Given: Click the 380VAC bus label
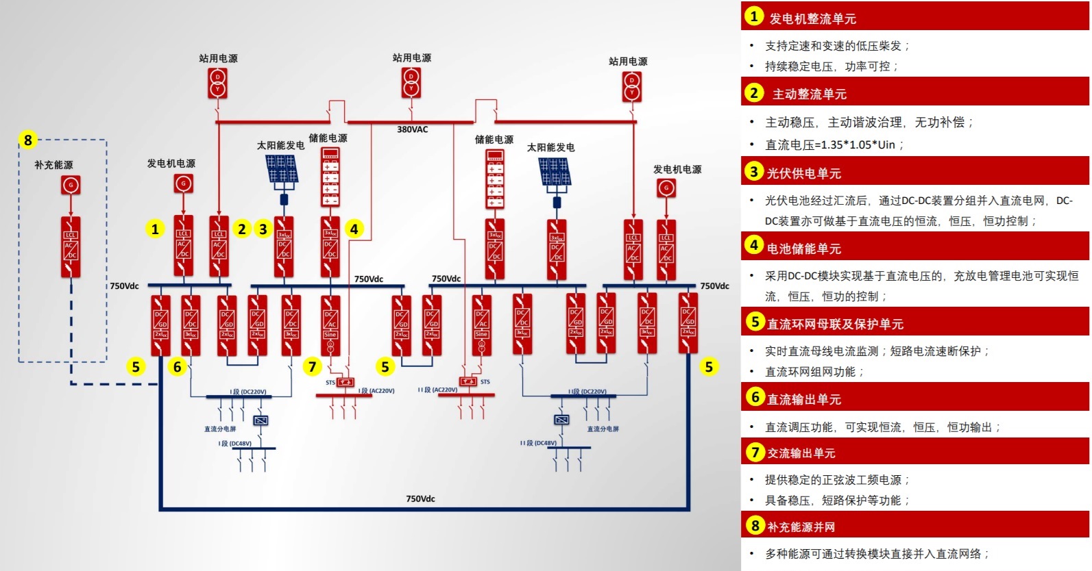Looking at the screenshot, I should pos(412,129).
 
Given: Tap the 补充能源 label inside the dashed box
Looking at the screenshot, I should pos(53,165).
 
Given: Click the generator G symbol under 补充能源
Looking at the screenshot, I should pos(71,184).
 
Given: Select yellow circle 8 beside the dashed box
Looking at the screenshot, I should pos(27,140).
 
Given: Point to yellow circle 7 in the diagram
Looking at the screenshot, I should pos(312,367).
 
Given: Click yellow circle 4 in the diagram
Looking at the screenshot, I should pos(354,229).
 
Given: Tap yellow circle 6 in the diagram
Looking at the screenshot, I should pos(177,367).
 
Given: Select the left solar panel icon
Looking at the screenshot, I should pos(282,168).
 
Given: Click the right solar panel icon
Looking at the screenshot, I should pos(555,171).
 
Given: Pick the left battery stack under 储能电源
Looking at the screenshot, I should pos(330,177).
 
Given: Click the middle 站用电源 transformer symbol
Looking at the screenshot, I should pos(411,82).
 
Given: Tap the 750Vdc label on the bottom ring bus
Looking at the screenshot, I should pos(420,498).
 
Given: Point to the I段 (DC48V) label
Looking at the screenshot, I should pos(235,444).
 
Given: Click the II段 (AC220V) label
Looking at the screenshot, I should pos(437,390).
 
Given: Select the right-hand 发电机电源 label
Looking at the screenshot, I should pos(677,169).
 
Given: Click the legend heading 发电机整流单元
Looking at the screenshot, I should pos(812,18).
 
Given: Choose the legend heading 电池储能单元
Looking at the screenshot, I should pos(804,249).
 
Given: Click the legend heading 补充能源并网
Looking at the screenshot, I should pos(801,526).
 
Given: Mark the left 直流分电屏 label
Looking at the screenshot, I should pos(220,429).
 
